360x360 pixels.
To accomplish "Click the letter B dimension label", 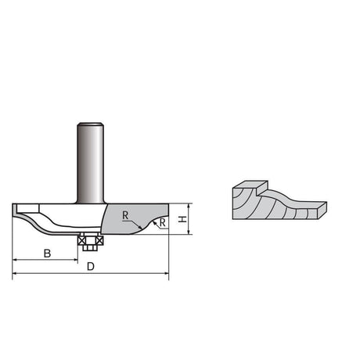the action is [47, 253].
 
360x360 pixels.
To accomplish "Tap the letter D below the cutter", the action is [91, 267].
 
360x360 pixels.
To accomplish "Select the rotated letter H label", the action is [182, 219].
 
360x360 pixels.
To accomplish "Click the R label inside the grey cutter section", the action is [125, 215].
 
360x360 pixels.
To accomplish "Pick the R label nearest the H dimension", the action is [162, 223].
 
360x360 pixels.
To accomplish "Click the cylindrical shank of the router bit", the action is [90, 163].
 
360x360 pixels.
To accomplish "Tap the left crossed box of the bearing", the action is [81, 240].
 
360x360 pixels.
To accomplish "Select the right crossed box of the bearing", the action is [99, 240].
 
